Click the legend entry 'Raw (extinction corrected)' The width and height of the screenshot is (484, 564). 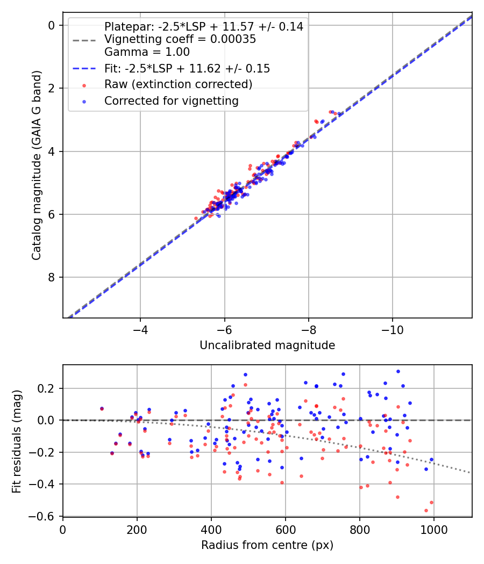click(x=178, y=84)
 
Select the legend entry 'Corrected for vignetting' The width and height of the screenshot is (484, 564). click(x=172, y=100)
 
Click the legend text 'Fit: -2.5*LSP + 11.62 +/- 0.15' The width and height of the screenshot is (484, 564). click(x=187, y=69)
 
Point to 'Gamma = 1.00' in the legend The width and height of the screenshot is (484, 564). click(x=147, y=52)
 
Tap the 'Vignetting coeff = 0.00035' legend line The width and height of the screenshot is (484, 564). click(x=180, y=39)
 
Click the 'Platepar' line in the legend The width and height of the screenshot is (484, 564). click(x=203, y=26)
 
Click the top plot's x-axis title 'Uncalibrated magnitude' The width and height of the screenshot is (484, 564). click(x=267, y=345)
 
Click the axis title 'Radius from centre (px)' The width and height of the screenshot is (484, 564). click(x=267, y=545)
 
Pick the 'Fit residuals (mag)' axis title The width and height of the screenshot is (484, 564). click(x=17, y=440)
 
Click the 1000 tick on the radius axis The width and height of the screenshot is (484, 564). click(x=433, y=529)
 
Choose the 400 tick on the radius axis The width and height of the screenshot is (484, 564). click(x=211, y=529)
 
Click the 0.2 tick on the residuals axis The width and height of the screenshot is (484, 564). click(x=48, y=388)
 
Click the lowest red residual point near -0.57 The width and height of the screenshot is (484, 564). click(x=426, y=510)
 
